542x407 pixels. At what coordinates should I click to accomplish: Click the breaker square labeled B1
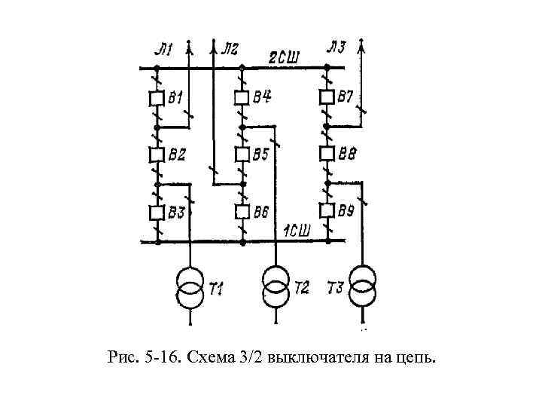157,98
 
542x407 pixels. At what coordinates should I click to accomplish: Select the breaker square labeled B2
157,155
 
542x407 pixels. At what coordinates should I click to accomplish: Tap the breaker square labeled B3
157,212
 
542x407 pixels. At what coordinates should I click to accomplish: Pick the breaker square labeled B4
242,98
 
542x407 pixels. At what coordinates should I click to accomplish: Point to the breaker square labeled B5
242,155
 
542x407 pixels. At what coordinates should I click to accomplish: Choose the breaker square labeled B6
242,212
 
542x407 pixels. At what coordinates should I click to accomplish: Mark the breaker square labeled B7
327,98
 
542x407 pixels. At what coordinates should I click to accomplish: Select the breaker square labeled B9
327,211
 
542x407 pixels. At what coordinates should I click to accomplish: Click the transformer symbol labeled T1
189,288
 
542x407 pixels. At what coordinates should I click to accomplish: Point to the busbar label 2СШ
285,57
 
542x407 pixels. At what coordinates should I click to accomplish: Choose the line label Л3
336,49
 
